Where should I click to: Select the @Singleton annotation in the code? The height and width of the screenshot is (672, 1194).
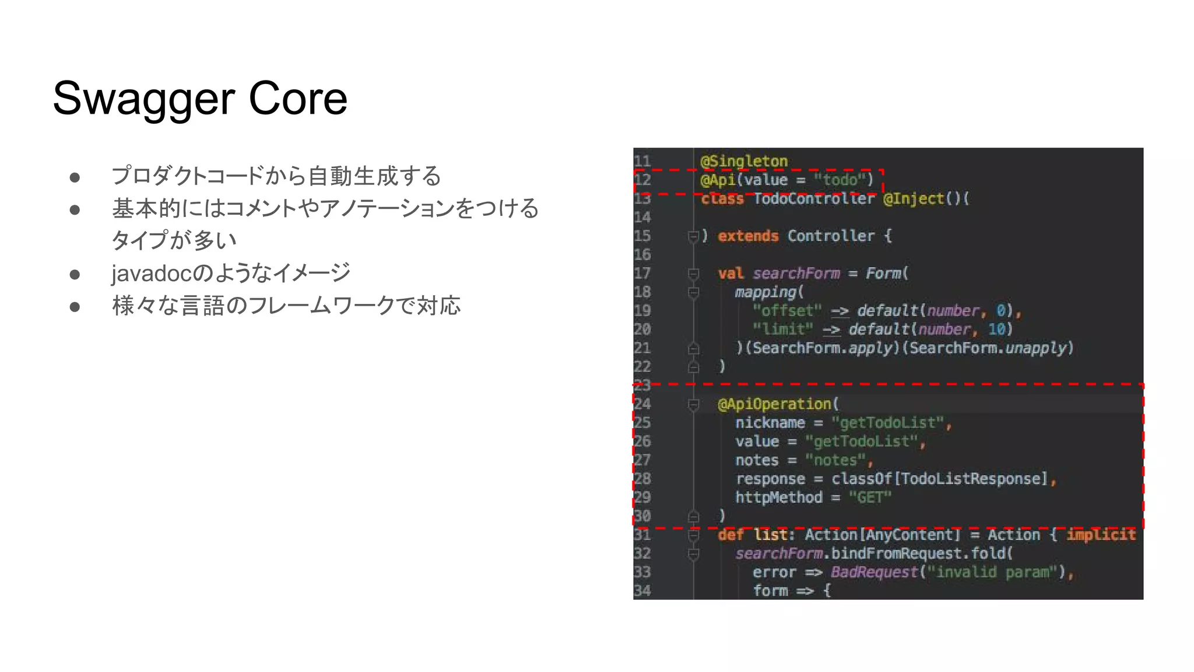(x=744, y=161)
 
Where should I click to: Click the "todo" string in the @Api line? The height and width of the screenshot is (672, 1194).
(x=840, y=180)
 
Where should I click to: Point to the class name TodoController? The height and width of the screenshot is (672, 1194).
(x=814, y=198)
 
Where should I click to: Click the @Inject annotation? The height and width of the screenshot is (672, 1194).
(x=913, y=198)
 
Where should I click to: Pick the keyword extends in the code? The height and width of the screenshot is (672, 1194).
(x=748, y=236)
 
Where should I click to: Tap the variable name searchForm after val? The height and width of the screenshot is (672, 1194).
(x=796, y=273)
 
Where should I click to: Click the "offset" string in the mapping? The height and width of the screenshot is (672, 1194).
(x=787, y=310)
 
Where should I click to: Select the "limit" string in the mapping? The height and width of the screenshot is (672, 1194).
(x=782, y=329)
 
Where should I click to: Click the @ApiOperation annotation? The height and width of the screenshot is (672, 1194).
(x=774, y=404)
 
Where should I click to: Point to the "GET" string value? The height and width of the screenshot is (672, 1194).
(x=870, y=497)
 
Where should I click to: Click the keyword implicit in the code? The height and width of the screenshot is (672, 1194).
(x=1101, y=534)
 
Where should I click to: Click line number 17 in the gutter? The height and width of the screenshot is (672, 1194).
(x=642, y=273)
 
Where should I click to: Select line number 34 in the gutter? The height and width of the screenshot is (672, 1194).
(x=642, y=590)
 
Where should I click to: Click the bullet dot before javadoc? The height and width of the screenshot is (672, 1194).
(x=75, y=274)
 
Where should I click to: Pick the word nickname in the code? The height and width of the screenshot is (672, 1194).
(x=770, y=422)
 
